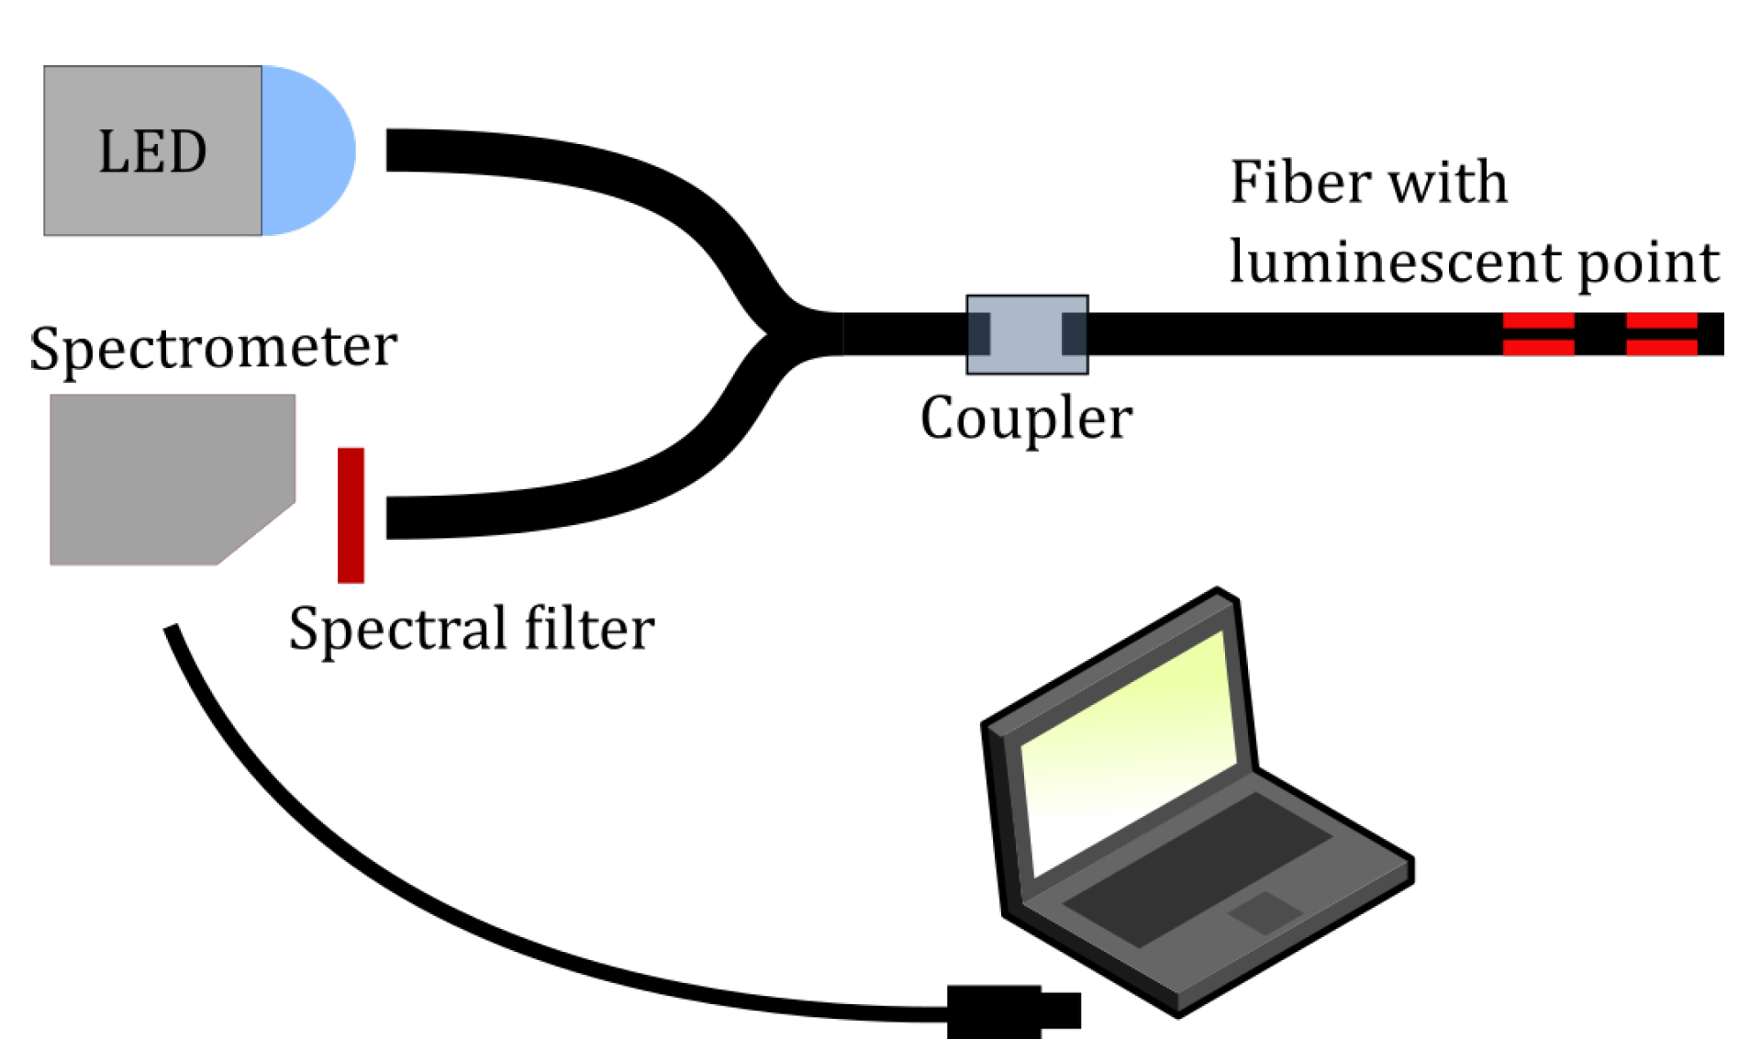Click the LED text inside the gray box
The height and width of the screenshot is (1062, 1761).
click(x=152, y=151)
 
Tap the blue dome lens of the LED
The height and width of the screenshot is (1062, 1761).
click(x=307, y=151)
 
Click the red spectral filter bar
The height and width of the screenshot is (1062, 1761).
click(x=351, y=515)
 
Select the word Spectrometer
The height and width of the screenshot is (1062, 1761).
click(x=213, y=349)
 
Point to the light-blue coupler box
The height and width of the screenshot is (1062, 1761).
click(x=1027, y=334)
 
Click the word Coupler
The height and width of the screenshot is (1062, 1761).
click(x=1026, y=419)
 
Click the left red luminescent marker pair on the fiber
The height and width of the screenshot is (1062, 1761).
click(x=1538, y=334)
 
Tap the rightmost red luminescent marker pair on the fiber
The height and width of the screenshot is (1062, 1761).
click(x=1661, y=334)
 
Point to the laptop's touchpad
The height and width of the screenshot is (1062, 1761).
click(x=1265, y=911)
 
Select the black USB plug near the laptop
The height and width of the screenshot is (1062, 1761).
click(x=1009, y=1011)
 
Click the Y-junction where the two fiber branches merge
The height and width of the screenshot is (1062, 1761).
click(x=780, y=333)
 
